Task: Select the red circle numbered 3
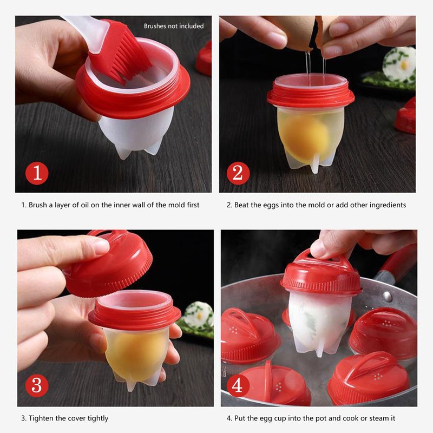[37, 386]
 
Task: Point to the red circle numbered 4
[238, 386]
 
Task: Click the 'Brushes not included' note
[174, 26]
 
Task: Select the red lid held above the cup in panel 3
[108, 265]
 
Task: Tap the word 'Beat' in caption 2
[243, 205]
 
